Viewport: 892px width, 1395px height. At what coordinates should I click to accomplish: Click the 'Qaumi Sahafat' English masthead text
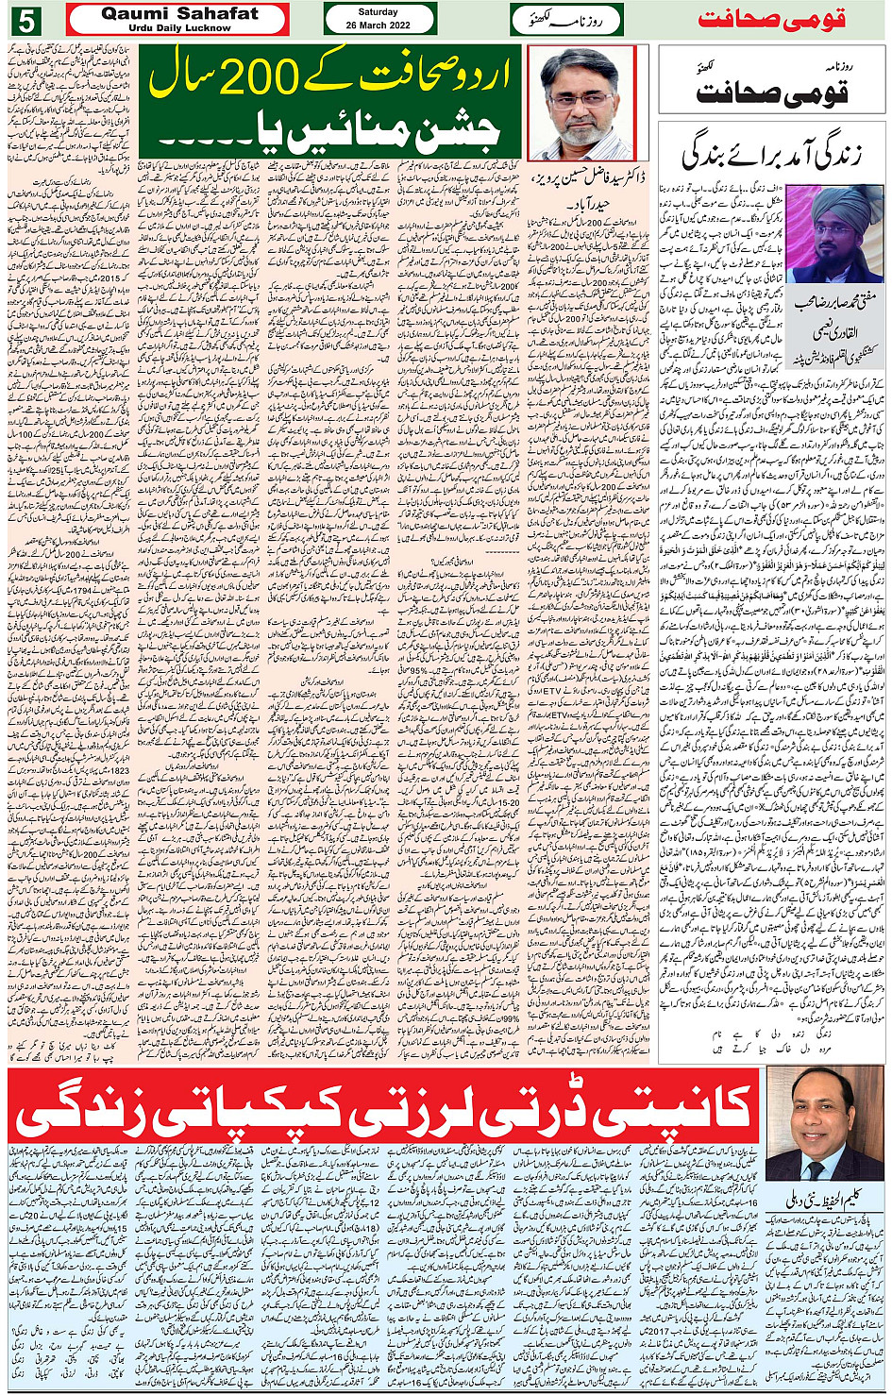point(178,13)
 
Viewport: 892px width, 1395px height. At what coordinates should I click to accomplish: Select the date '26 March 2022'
point(379,25)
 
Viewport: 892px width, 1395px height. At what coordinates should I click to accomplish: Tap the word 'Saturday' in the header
point(379,12)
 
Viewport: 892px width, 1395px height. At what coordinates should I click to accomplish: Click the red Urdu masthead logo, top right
point(772,20)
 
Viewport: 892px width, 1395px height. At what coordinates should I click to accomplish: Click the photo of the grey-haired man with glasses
point(581,104)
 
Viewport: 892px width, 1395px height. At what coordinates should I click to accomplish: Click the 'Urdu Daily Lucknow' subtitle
point(178,28)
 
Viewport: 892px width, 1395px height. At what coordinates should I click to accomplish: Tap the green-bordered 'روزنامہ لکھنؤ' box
point(566,20)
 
